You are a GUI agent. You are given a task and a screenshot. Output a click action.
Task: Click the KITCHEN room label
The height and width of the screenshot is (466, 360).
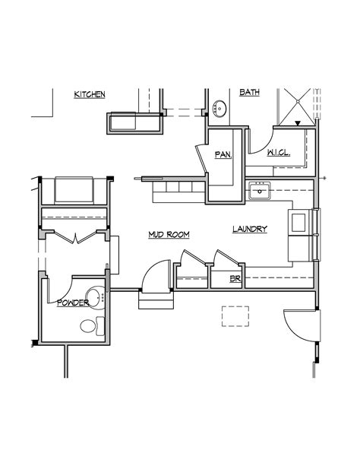pyautogui.click(x=90, y=94)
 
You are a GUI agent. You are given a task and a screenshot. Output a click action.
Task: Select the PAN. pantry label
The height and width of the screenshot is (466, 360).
pyautogui.click(x=223, y=154)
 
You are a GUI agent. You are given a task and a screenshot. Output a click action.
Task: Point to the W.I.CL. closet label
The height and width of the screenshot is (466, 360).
pyautogui.click(x=277, y=154)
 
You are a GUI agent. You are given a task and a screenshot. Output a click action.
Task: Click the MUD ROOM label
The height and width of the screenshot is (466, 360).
pyautogui.click(x=169, y=235)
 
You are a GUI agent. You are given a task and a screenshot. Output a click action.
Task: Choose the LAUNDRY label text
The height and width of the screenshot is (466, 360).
pyautogui.click(x=250, y=229)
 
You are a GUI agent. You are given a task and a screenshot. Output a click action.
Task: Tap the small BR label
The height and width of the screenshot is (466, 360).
pyautogui.click(x=235, y=279)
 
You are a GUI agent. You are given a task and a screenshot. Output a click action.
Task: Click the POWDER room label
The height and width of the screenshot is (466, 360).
pyautogui.click(x=73, y=303)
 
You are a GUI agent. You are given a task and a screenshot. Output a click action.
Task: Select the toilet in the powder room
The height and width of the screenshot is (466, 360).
pyautogui.click(x=90, y=326)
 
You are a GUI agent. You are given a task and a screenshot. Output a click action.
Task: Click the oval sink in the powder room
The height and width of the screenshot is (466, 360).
pyautogui.click(x=94, y=296)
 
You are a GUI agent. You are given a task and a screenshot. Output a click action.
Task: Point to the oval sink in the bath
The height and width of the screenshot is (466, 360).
pyautogui.click(x=220, y=107)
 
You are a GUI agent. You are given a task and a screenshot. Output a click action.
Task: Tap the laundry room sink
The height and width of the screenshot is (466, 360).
pyautogui.click(x=260, y=190)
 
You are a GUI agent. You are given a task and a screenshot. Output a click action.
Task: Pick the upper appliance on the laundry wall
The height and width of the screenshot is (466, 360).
pyautogui.click(x=299, y=222)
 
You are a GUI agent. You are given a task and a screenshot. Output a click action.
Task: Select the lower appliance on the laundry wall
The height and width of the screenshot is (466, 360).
pyautogui.click(x=299, y=248)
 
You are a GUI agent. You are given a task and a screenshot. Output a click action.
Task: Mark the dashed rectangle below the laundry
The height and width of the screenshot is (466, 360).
pyautogui.click(x=235, y=317)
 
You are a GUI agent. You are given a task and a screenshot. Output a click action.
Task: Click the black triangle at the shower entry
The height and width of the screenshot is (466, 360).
pyautogui.click(x=298, y=122)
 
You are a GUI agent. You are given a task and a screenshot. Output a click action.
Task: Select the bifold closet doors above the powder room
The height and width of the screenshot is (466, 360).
pyautogui.click(x=74, y=236)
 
